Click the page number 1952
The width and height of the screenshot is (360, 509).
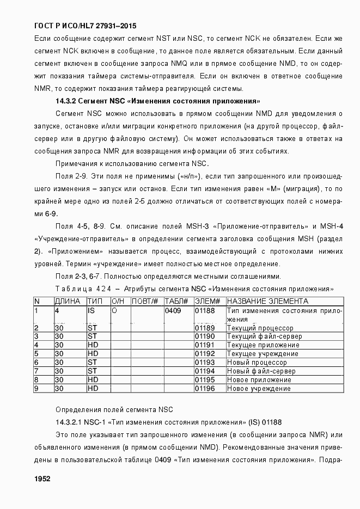42,479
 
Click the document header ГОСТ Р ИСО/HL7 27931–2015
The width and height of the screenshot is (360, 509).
85,26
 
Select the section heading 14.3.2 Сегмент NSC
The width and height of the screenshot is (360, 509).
158,101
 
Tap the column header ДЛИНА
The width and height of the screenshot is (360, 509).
68,301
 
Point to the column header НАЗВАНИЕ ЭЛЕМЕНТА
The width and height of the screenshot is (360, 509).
267,301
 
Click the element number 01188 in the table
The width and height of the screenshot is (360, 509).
205,311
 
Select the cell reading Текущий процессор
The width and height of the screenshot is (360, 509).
260,328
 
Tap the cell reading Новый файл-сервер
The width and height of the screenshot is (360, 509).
261,371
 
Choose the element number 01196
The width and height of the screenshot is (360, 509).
205,389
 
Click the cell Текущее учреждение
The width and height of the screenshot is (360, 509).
262,354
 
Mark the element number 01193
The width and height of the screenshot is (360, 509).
205,363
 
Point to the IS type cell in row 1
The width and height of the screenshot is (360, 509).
91,311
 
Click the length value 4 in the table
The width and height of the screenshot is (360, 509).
57,311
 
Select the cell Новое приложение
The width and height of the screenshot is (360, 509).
259,380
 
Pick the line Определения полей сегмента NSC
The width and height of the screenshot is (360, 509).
114,409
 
